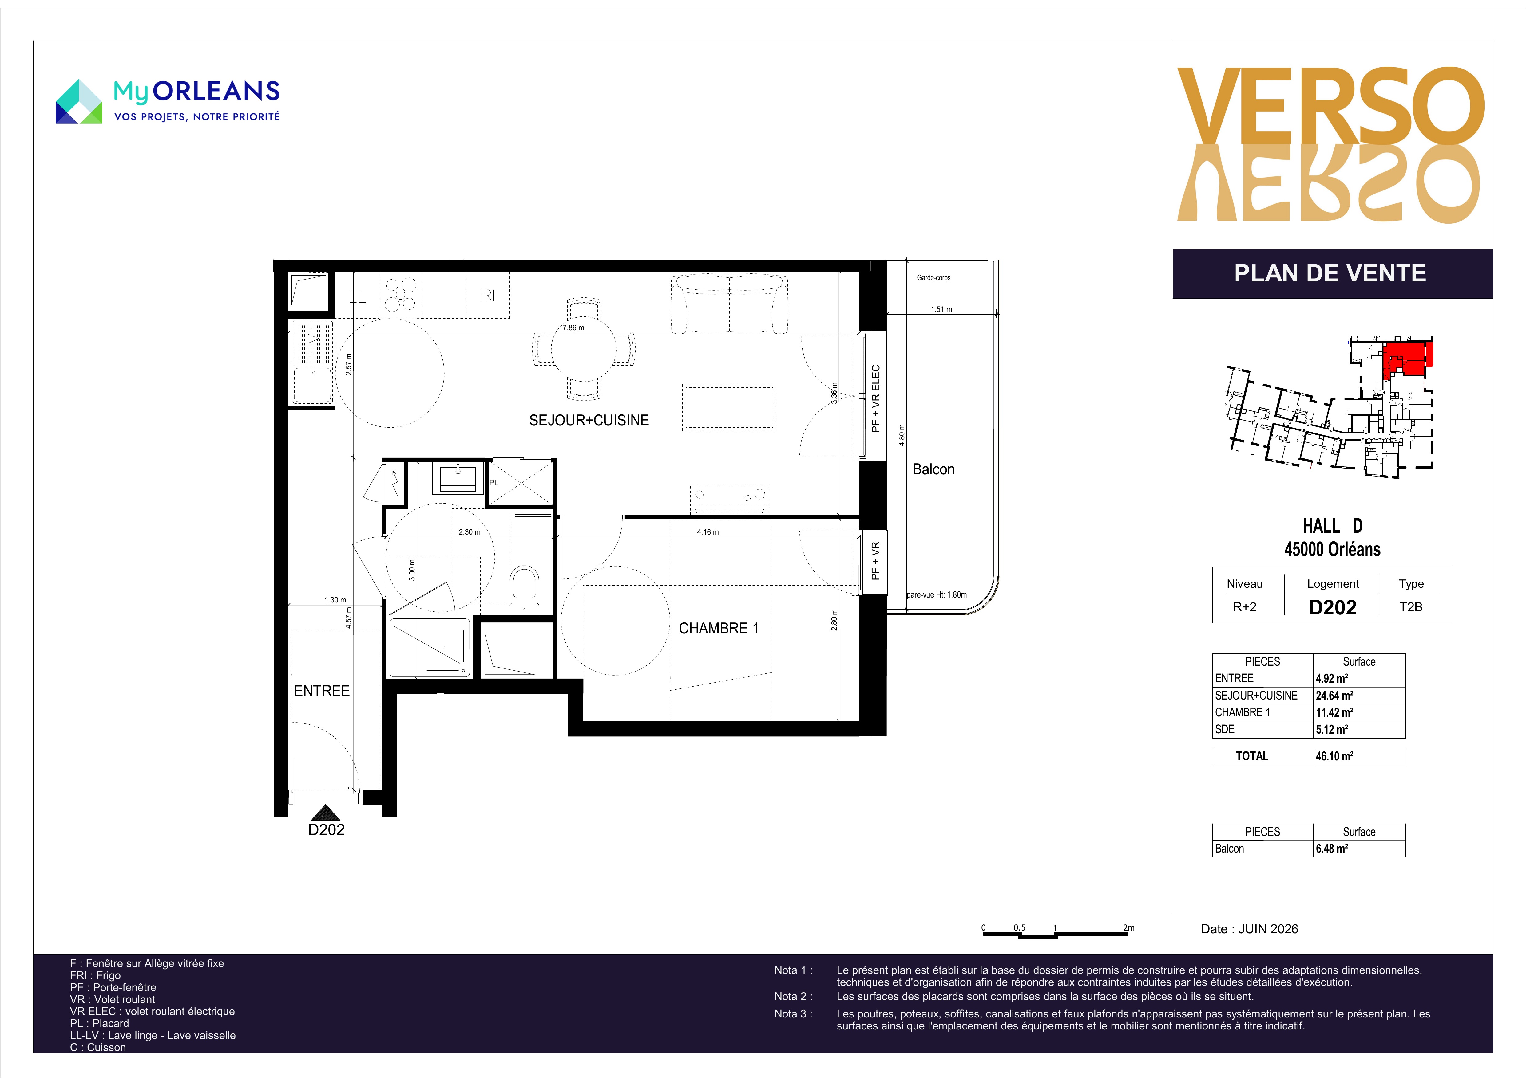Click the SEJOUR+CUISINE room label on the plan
589,421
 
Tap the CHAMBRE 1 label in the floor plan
719,628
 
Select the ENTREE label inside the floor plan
322,691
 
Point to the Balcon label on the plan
933,470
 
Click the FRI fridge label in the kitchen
487,296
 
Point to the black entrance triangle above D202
326,812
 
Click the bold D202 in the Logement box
1333,607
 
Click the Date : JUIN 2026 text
1250,929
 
